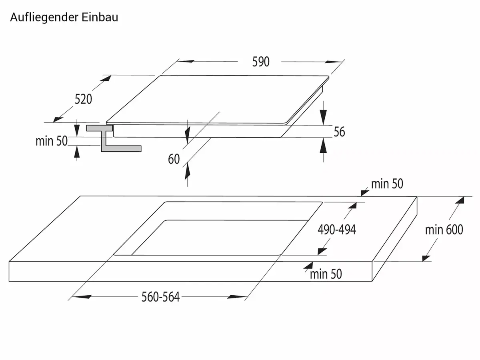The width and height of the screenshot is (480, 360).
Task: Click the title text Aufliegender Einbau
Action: click(64, 18)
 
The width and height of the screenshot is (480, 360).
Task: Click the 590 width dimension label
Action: click(261, 62)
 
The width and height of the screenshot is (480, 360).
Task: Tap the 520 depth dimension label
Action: click(83, 99)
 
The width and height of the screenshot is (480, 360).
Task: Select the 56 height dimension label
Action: click(339, 132)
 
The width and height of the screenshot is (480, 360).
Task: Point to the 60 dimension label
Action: click(174, 159)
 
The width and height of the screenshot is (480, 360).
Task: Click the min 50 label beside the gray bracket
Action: click(52, 141)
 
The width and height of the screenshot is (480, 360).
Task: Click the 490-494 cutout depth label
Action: click(337, 230)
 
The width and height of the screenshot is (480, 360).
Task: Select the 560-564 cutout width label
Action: click(160, 297)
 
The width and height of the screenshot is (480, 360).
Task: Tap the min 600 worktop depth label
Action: click(444, 230)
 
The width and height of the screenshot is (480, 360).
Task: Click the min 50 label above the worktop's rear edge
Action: click(387, 184)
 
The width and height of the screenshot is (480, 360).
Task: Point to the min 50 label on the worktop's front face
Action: click(326, 274)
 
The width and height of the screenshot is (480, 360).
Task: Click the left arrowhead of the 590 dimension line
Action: click(186, 62)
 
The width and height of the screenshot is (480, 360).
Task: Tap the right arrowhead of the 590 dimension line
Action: click(333, 62)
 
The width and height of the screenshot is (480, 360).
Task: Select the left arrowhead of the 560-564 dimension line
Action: click(82, 297)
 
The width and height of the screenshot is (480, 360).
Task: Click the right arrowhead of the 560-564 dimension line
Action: click(237, 297)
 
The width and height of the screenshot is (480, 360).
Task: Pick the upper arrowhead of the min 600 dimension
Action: click(460, 200)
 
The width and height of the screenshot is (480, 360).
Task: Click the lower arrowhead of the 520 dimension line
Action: click(58, 120)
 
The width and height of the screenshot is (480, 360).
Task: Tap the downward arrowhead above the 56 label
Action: click(323, 117)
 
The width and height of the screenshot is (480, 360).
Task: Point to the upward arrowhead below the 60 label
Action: click(188, 172)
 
